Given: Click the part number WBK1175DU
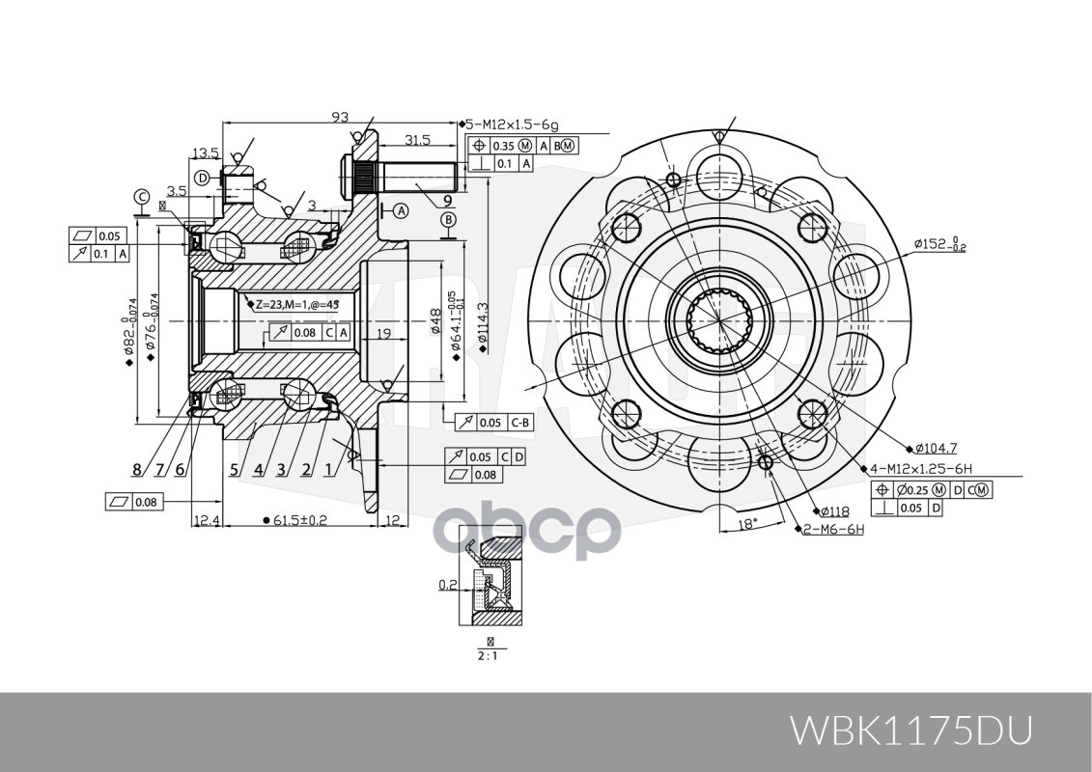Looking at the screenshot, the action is (911, 731).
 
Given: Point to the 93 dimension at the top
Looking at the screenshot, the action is (340, 118).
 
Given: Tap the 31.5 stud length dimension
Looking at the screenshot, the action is (417, 140).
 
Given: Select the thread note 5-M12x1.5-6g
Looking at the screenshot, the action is (512, 125).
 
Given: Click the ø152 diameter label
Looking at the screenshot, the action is (939, 245).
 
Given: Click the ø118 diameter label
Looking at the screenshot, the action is (834, 511).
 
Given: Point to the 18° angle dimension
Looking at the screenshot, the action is (747, 524).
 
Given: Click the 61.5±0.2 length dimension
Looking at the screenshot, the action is (299, 520).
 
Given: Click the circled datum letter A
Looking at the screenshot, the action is (400, 210).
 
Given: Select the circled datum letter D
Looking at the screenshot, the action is (202, 178).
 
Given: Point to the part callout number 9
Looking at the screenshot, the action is (448, 201).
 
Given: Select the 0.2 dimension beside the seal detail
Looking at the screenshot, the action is (447, 584).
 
